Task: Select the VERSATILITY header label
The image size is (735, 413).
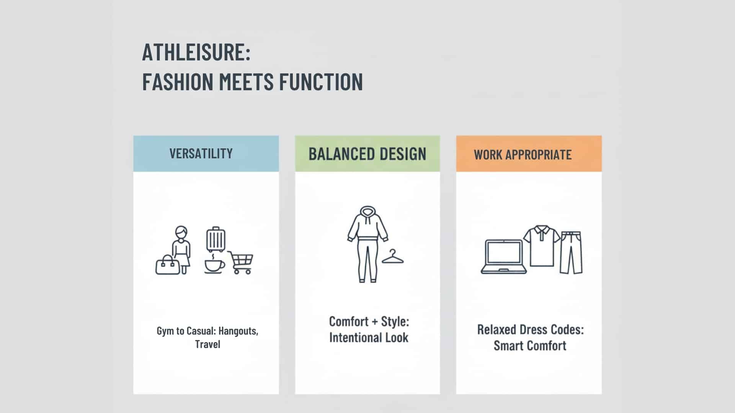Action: tap(201, 154)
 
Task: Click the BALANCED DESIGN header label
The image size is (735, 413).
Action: tap(367, 154)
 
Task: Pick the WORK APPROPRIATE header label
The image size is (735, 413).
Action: tap(523, 154)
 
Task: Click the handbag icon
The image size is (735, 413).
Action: tap(167, 265)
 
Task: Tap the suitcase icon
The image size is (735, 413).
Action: tap(216, 239)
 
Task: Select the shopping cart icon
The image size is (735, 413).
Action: tap(241, 262)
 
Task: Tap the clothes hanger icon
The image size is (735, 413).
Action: tap(393, 257)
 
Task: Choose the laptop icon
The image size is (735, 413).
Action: tap(504, 257)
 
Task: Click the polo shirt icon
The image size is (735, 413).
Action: tap(541, 246)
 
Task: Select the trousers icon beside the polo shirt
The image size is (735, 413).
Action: tap(571, 252)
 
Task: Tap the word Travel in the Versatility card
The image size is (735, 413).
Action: tap(207, 344)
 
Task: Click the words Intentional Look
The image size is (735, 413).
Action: tap(369, 338)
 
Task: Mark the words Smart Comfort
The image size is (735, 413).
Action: tap(530, 346)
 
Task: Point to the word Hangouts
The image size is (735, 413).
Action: tap(238, 331)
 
